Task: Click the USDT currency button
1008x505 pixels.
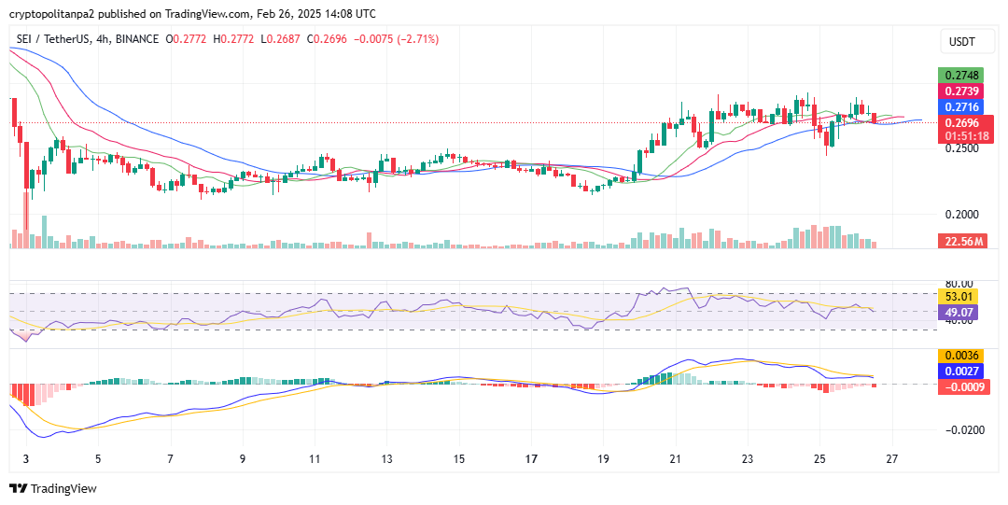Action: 961,42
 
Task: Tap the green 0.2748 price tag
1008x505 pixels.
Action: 960,75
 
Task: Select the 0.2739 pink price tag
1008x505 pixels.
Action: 960,91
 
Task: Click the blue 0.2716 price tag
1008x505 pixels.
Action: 960,107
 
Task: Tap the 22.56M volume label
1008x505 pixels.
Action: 960,241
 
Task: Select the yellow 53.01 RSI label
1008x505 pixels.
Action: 960,297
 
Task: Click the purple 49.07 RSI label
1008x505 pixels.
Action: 960,313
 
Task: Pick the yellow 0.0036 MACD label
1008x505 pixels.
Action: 960,356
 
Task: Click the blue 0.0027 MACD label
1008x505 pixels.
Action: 960,372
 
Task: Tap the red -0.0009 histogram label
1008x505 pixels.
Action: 960,386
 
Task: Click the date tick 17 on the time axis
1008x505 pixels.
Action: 531,459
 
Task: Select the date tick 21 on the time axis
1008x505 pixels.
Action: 676,459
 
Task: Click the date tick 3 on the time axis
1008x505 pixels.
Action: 25,459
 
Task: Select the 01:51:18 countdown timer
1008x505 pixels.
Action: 966,136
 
